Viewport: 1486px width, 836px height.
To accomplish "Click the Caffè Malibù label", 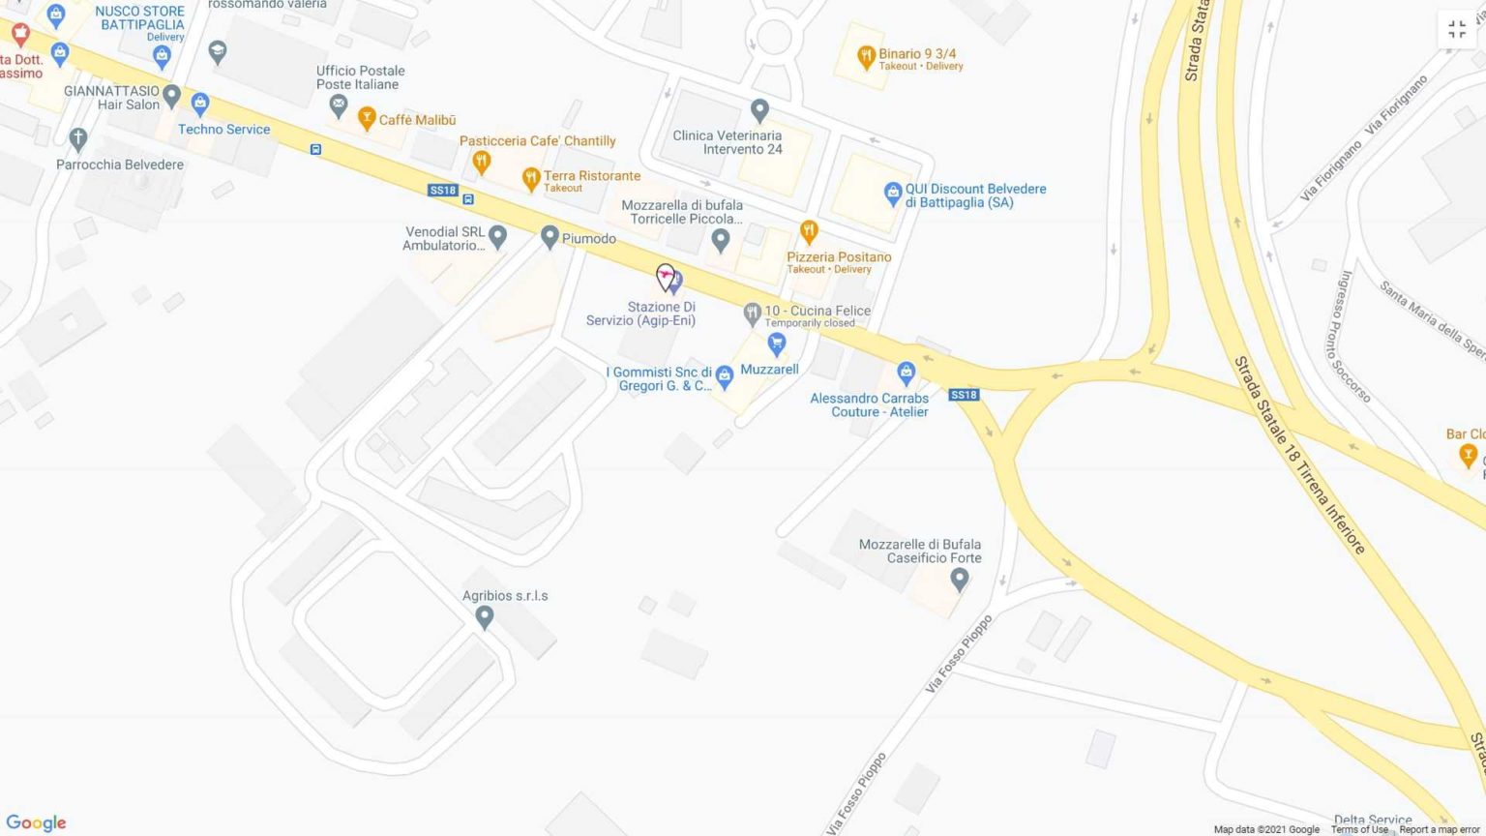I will (417, 120).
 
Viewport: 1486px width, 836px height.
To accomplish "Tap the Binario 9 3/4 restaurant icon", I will (866, 57).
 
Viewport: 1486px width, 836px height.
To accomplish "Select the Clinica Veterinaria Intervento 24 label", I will (728, 142).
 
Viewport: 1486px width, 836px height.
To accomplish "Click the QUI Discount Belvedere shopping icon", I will (893, 194).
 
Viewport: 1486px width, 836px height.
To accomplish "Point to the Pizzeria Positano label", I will (839, 257).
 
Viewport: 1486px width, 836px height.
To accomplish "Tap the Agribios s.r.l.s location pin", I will (485, 617).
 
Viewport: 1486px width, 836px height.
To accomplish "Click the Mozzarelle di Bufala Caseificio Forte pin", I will (959, 579).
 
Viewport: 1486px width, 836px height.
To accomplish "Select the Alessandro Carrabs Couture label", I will (869, 404).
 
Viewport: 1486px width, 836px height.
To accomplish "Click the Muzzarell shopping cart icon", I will (776, 343).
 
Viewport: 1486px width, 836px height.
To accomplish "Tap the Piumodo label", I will (589, 239).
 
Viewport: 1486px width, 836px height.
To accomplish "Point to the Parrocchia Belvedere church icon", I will (78, 139).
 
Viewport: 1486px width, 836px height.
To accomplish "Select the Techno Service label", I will (223, 130).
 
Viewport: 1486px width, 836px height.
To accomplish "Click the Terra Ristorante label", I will (591, 176).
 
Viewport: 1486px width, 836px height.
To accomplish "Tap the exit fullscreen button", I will (1457, 30).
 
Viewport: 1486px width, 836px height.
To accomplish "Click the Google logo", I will (36, 822).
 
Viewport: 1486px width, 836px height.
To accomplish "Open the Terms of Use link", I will (1358, 829).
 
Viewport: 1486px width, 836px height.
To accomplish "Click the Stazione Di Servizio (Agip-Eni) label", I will (640, 313).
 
